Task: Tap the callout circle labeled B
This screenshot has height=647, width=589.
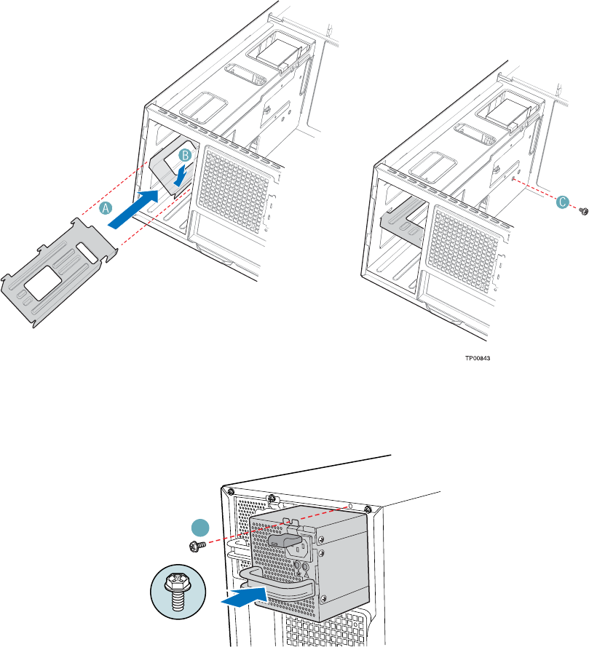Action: tap(186, 155)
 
